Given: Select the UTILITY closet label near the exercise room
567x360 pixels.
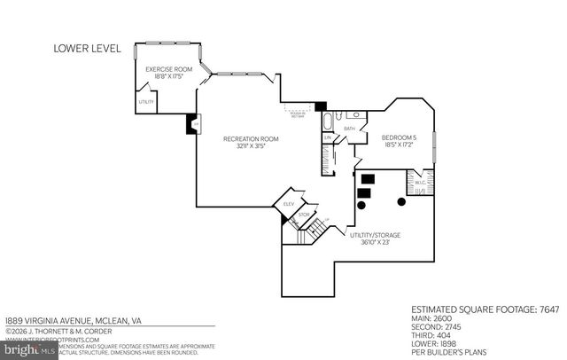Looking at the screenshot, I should point(147,102).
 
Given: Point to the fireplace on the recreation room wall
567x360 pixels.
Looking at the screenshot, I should point(191,125).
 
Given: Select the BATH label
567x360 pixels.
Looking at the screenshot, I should point(349,129).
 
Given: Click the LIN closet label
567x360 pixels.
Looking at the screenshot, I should point(327,137).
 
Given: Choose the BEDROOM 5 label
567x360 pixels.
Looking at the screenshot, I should point(398,137).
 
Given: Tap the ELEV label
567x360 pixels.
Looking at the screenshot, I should point(288,205).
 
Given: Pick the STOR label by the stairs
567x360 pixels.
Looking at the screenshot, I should point(303,214).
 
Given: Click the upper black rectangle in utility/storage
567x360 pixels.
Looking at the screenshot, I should point(367,178).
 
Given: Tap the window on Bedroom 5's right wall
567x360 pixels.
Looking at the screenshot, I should point(433,147).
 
